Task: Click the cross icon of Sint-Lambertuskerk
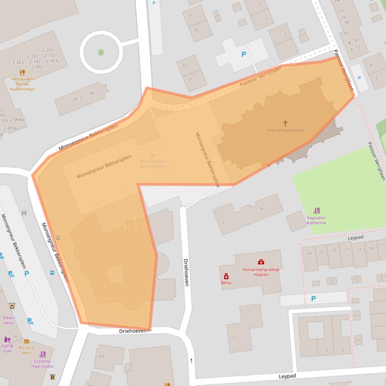point(286,122)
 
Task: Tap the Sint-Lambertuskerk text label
point(285,130)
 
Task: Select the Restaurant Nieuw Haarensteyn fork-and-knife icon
point(22,72)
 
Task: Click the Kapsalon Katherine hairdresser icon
point(316,211)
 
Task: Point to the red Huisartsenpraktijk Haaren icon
point(261,262)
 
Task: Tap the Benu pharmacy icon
point(226,276)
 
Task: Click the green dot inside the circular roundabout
point(101,52)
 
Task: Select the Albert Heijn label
point(9,320)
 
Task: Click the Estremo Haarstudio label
point(42,363)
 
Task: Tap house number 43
point(101,356)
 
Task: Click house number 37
point(189,79)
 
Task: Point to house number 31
point(189,16)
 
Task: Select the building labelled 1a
point(260,208)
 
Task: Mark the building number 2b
point(91,93)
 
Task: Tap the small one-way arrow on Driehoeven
point(191,360)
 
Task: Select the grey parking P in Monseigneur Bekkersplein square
point(153,156)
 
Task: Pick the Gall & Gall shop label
point(7,348)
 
